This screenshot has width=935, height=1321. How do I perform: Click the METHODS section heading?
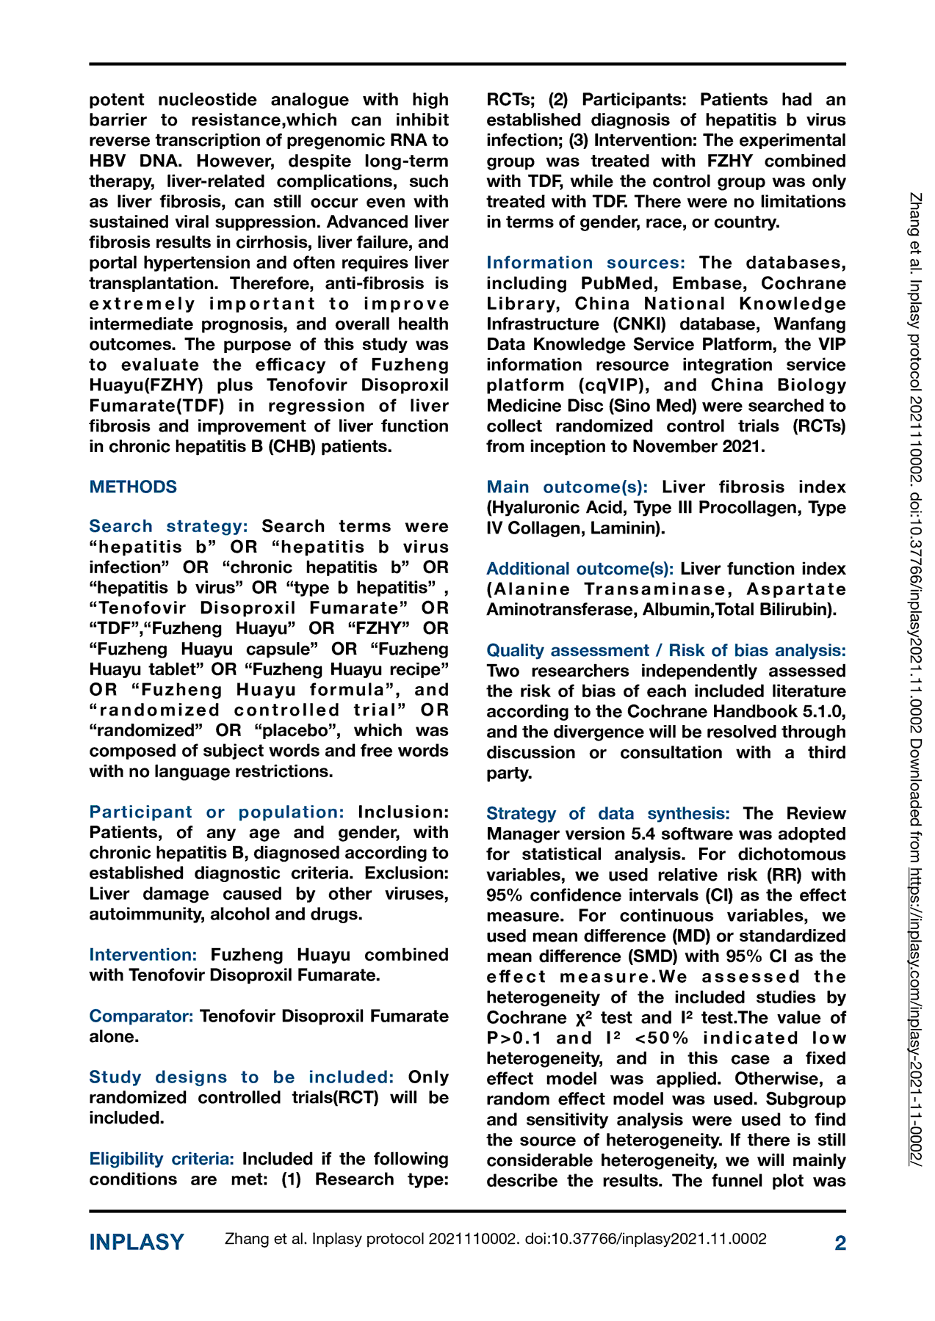click(133, 487)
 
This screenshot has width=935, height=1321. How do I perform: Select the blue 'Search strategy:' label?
click(168, 526)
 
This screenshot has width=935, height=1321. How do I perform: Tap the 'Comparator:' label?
click(141, 1016)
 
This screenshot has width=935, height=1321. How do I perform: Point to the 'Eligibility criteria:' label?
click(162, 1158)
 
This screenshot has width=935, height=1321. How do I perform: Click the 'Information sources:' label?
click(585, 263)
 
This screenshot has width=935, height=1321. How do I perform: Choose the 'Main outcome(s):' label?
click(567, 487)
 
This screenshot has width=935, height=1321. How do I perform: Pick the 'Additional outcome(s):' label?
click(580, 568)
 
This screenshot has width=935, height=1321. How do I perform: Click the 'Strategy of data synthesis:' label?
click(608, 813)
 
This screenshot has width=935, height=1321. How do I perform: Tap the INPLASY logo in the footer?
click(137, 1242)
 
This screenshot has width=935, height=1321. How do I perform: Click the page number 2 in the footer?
click(840, 1242)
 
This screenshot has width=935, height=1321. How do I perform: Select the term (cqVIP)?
click(608, 385)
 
